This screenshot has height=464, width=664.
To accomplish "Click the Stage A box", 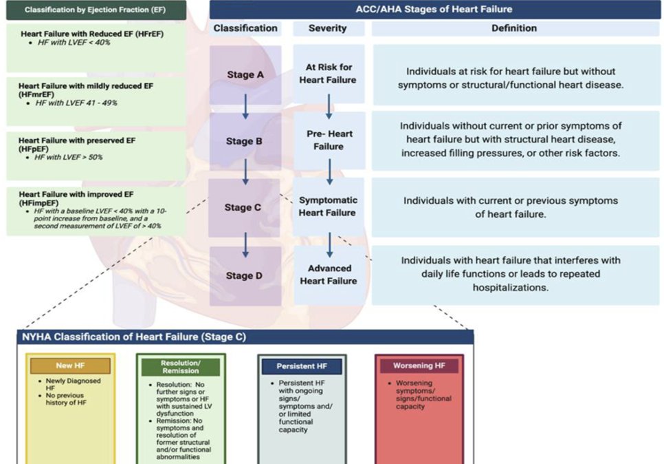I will tap(245, 75).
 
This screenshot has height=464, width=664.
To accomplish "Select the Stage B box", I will tap(245, 142).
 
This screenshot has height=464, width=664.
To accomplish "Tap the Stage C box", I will tap(245, 207).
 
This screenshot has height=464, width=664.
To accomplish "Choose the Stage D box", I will tap(245, 275).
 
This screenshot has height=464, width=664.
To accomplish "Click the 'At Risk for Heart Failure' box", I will tap(329, 74).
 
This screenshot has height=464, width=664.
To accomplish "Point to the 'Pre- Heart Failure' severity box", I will tap(329, 140).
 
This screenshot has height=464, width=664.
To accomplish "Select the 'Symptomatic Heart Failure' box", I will tap(329, 207).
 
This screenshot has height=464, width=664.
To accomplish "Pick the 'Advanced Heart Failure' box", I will tap(329, 275).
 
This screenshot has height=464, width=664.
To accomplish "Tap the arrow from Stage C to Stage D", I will tap(245, 243).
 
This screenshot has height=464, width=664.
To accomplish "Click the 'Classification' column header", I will tap(245, 28).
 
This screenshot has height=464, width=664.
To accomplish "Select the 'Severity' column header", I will tap(328, 28).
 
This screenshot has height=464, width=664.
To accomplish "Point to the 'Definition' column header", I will tap(513, 28).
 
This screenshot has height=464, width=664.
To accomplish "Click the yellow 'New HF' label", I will tap(70, 366).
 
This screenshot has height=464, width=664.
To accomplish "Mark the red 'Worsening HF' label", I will tap(419, 366).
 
